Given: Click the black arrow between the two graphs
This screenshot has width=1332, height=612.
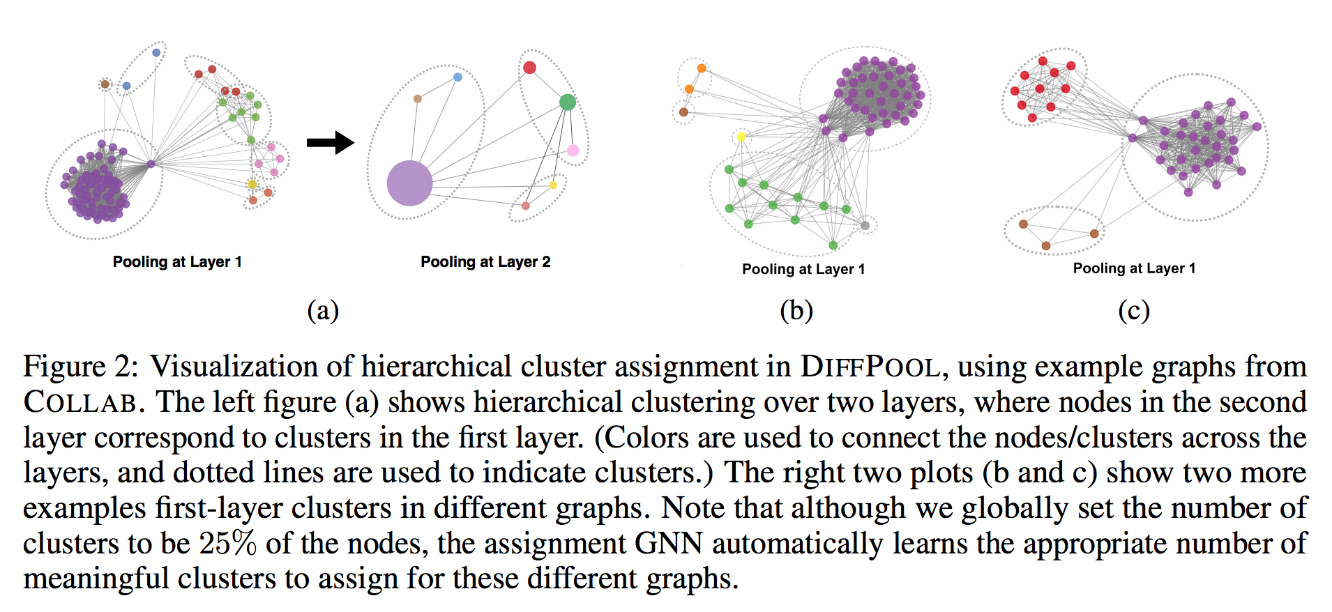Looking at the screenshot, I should [x=331, y=143].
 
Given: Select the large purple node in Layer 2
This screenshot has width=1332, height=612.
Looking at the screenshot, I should [x=409, y=183].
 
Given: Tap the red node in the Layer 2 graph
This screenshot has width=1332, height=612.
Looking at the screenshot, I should [x=529, y=68].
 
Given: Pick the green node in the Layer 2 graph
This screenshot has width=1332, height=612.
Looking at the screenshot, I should [x=568, y=102].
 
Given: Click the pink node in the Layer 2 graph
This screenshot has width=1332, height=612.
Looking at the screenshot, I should [x=573, y=150].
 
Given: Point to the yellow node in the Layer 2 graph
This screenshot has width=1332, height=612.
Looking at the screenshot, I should [x=553, y=185].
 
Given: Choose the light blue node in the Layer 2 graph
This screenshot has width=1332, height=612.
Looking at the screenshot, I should [x=457, y=77].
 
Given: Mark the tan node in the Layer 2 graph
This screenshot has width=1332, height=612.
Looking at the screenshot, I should [x=417, y=99].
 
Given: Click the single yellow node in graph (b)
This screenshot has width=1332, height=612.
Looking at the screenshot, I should [x=741, y=137].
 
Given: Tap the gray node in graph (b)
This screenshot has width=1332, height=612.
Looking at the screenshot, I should [x=865, y=225].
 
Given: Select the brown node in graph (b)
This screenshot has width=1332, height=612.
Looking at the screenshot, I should [x=683, y=112].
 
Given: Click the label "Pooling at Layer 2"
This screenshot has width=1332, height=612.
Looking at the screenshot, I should [x=485, y=262].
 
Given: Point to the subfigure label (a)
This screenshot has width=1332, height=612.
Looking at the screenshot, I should [x=323, y=310].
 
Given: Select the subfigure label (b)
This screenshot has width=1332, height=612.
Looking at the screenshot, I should [x=796, y=310].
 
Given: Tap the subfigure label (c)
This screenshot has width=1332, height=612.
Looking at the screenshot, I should [x=1133, y=310].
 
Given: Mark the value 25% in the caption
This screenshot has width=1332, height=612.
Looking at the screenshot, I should [x=227, y=544].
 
